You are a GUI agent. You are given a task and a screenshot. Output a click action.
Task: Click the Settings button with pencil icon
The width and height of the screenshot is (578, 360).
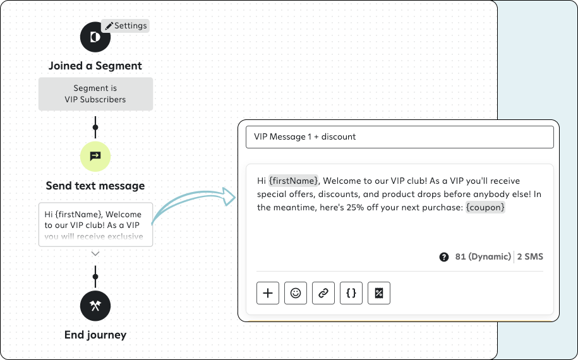125,26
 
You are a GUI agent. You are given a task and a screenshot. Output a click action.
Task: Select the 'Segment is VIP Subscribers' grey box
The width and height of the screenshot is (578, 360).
95,94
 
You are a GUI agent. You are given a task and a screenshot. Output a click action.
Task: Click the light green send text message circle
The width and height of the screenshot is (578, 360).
95,156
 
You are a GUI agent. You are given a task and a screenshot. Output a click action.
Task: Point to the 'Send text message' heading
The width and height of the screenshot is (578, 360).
95,186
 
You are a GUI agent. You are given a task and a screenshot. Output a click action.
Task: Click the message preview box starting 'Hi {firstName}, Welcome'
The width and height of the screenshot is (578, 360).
95,224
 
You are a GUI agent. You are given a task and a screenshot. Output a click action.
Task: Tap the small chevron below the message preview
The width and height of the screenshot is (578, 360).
95,254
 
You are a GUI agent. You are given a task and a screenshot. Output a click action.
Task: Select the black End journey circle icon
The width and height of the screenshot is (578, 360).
95,306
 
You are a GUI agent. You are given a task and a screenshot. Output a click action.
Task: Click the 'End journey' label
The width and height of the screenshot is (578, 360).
95,335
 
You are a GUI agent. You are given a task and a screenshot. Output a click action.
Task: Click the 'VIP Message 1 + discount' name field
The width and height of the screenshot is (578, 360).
400,137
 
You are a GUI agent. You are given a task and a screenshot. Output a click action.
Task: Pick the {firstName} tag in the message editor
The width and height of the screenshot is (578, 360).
293,181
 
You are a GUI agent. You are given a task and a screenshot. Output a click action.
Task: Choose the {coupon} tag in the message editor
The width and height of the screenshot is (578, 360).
485,207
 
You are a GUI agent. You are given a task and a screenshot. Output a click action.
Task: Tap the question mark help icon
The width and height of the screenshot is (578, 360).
444,257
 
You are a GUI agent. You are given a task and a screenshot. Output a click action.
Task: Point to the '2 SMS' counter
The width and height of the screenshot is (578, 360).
530,256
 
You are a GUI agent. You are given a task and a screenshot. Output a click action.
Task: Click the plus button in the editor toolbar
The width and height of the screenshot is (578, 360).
268,293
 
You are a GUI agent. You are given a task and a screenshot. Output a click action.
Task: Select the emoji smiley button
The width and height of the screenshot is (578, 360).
296,293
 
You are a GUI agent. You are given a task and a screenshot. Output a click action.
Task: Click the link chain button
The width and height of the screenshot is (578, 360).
323,293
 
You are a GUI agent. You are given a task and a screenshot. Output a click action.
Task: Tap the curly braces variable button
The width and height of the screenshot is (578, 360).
351,293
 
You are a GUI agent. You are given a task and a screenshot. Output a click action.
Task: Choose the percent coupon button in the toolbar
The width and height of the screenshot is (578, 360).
379,293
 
